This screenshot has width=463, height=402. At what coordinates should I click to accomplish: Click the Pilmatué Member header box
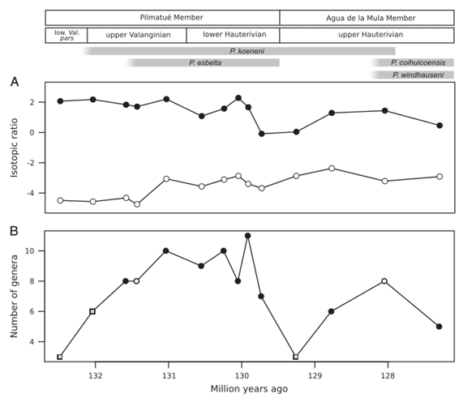click(x=162, y=18)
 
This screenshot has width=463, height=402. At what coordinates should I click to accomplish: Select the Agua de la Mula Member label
click(x=371, y=19)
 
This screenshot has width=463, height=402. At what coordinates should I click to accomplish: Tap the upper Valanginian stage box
click(x=137, y=35)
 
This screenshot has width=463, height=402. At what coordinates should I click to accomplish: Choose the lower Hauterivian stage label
click(x=234, y=35)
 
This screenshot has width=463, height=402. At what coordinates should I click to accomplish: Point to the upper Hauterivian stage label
click(x=371, y=35)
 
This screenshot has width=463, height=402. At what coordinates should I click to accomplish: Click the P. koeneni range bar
click(x=239, y=51)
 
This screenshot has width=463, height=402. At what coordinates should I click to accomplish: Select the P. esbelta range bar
click(x=204, y=62)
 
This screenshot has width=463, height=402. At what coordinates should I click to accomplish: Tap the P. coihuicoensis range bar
click(x=413, y=62)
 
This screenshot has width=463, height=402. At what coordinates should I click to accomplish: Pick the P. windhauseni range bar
click(x=413, y=75)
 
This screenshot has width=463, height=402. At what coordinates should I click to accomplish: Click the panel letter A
click(x=15, y=82)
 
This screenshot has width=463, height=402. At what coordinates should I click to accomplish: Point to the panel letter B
click(x=14, y=231)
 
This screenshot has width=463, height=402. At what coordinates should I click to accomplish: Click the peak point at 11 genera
click(x=248, y=236)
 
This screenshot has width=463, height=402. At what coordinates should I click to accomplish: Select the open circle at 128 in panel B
click(x=384, y=281)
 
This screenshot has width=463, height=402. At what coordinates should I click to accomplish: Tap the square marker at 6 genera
click(x=92, y=311)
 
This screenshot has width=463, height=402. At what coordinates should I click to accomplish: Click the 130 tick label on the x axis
click(x=242, y=376)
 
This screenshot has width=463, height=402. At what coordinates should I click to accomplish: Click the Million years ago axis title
click(x=249, y=389)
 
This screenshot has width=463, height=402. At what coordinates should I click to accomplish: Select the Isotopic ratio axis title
click(x=14, y=148)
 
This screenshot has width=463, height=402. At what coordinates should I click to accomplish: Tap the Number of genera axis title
click(x=14, y=296)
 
